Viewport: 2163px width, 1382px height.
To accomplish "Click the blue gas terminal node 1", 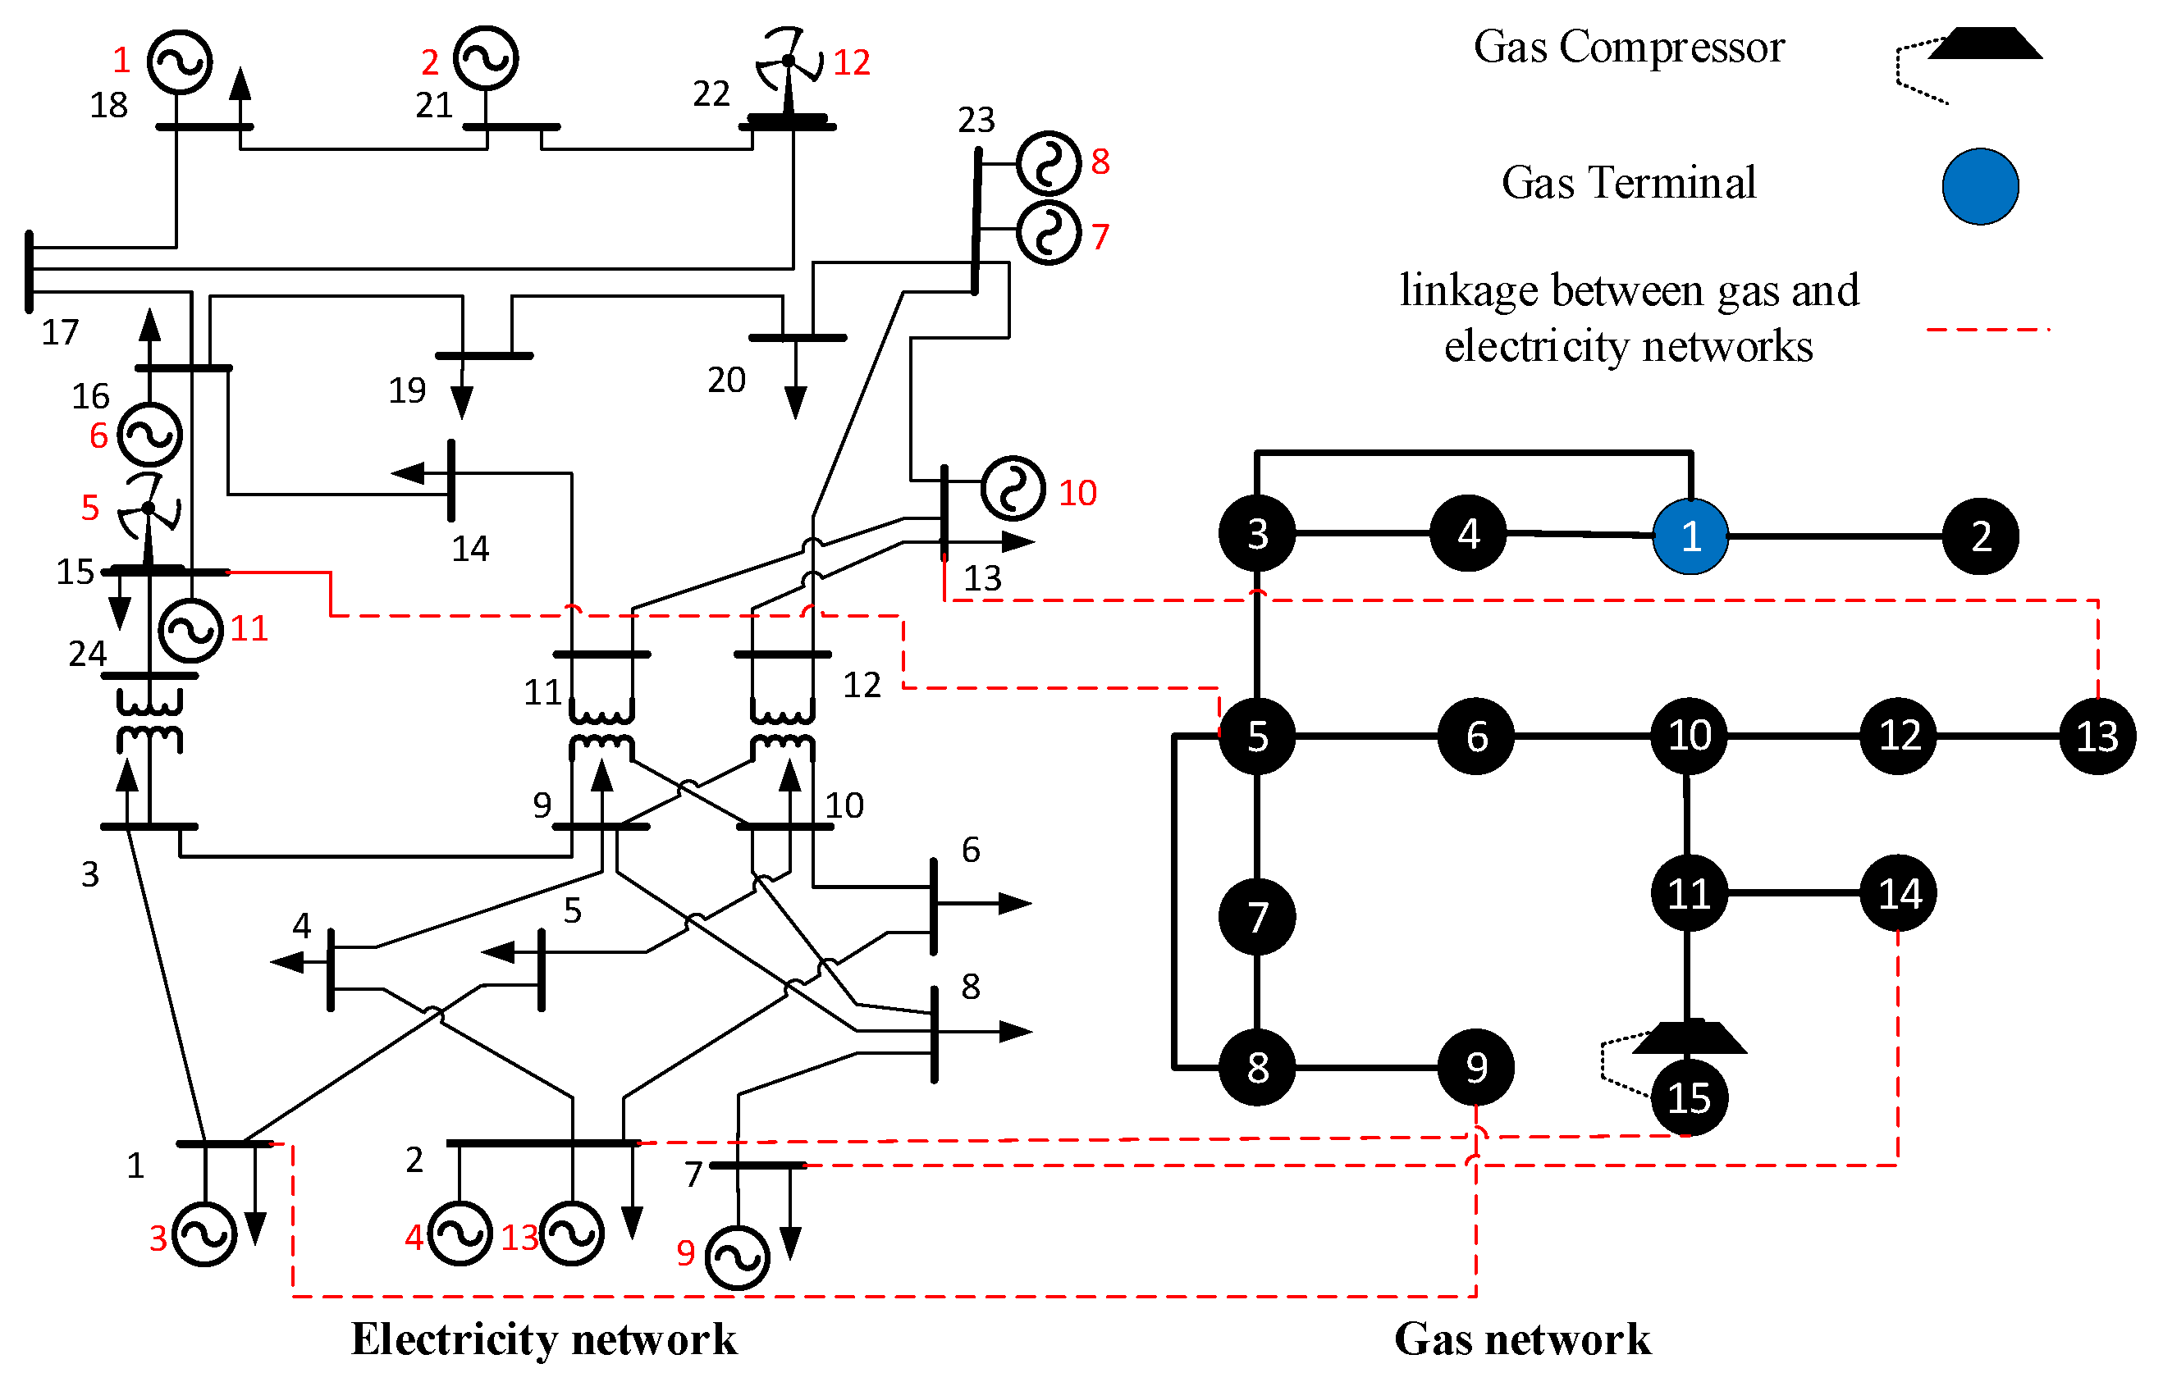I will pos(1690,536).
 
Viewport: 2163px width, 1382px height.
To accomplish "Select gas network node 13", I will pos(2097,737).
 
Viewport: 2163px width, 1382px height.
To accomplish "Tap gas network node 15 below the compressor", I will pos(1689,1097).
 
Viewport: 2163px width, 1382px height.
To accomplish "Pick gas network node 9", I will pos(1476,1067).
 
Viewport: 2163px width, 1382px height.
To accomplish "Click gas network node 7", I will pos(1256,917).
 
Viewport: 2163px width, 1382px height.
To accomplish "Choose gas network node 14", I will pos(1898,893).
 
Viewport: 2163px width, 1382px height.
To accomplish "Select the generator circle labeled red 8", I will pos(1048,163).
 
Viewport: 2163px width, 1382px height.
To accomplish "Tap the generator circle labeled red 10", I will pos(1013,490).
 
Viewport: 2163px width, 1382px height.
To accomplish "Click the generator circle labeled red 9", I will pos(738,1257).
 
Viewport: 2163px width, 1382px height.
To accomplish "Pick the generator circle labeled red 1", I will pos(180,62).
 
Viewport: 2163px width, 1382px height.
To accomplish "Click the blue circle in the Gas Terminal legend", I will pos(1981,186).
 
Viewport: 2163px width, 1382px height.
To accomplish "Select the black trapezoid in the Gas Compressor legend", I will pos(1985,44).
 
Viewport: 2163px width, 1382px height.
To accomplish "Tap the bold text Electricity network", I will pos(543,1339).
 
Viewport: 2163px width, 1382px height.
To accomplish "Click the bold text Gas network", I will pos(1521,1339).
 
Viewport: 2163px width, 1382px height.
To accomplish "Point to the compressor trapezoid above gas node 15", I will pos(1689,1038).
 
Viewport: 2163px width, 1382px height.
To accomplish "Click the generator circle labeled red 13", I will pos(571,1233).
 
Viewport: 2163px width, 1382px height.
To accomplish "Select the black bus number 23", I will pos(976,120).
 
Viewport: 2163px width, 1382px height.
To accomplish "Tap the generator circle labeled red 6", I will pos(150,435).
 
